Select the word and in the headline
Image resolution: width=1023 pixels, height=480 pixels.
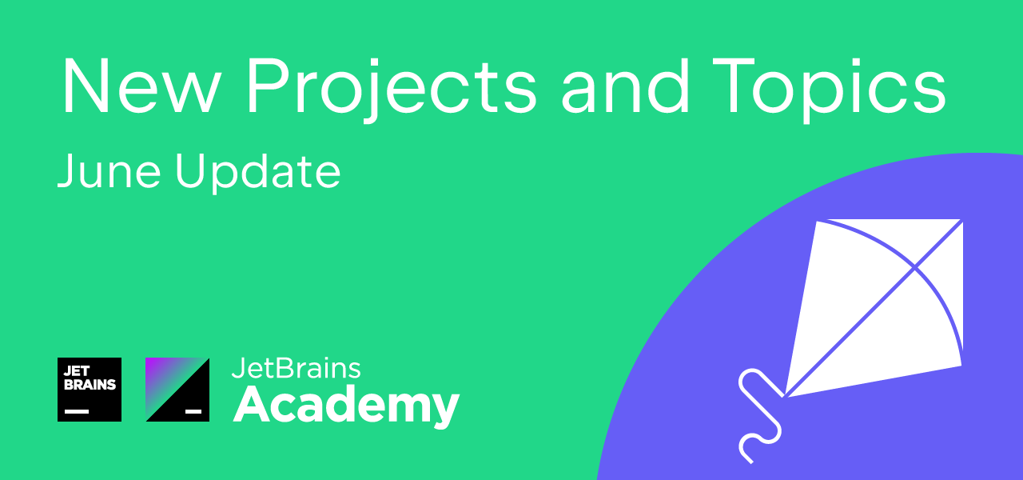coord(625,85)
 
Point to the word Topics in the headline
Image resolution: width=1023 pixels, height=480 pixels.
coord(830,90)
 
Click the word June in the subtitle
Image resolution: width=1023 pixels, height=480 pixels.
coord(109,170)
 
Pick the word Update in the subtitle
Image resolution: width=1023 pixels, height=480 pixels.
coord(258,172)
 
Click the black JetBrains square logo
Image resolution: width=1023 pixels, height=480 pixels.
coord(90,390)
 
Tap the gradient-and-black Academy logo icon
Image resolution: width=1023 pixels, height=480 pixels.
coord(177,390)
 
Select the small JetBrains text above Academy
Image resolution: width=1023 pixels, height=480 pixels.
coord(296,369)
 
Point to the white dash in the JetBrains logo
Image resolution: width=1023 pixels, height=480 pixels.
coord(77,411)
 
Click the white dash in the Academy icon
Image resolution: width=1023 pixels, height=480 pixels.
coord(193,411)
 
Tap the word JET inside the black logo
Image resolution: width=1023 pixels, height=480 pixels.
coord(76,370)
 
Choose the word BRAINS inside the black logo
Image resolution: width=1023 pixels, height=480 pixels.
coord(90,385)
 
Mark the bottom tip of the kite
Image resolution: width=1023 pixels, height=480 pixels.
coord(785,396)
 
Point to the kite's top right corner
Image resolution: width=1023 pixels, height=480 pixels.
coord(963,220)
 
